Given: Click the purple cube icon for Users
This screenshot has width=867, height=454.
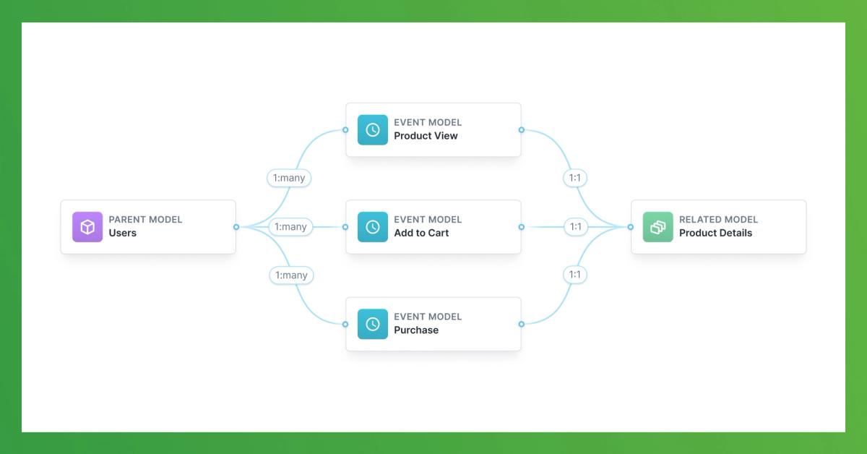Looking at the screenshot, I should pyautogui.click(x=87, y=227).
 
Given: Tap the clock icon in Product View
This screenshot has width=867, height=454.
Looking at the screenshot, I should pyautogui.click(x=373, y=130).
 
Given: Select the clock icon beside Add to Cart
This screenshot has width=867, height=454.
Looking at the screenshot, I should pyautogui.click(x=373, y=227).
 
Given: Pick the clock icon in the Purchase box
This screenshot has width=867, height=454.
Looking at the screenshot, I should pyautogui.click(x=373, y=324).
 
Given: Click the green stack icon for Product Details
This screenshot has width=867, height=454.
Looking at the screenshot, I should pyautogui.click(x=657, y=227).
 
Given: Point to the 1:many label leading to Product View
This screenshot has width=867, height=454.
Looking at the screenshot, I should pyautogui.click(x=290, y=177).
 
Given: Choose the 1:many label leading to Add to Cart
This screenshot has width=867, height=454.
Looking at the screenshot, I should pyautogui.click(x=290, y=227).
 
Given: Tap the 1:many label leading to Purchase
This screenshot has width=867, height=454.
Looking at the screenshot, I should pyautogui.click(x=290, y=275).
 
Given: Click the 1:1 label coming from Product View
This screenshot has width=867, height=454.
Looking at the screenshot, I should pyautogui.click(x=575, y=177).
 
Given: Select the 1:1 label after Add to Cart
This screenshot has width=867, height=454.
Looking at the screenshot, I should pyautogui.click(x=575, y=227).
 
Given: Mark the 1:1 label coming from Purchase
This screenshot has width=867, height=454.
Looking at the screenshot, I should pyautogui.click(x=575, y=275).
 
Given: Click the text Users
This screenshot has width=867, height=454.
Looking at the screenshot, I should pyautogui.click(x=123, y=234).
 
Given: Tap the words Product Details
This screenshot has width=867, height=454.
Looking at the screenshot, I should pyautogui.click(x=715, y=234).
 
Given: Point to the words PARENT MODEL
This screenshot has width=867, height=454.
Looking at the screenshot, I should pyautogui.click(x=145, y=220).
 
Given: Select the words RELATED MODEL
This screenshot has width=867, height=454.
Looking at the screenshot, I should pyautogui.click(x=718, y=220).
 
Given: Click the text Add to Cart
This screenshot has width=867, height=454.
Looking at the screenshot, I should pyautogui.click(x=421, y=234).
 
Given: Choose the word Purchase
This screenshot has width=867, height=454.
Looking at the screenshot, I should pyautogui.click(x=416, y=330).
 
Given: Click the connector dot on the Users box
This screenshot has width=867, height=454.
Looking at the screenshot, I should pyautogui.click(x=236, y=227).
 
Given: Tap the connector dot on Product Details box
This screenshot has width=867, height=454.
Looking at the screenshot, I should pyautogui.click(x=631, y=227).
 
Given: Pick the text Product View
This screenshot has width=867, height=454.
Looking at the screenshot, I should pyautogui.click(x=426, y=136).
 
